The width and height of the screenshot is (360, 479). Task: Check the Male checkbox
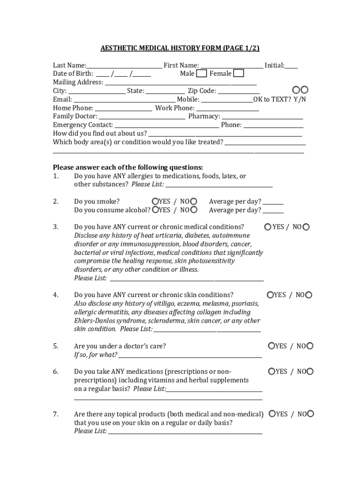click(202, 73)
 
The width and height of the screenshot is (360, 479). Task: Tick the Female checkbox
click(238, 73)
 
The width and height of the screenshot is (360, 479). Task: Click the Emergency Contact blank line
click(166, 125)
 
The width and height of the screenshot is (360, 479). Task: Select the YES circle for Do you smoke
click(155, 201)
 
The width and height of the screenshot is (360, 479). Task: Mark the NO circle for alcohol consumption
click(194, 210)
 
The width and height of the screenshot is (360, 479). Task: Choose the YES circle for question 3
click(268, 227)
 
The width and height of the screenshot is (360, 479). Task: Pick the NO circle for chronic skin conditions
click(309, 295)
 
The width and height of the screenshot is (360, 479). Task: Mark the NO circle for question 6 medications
click(310, 371)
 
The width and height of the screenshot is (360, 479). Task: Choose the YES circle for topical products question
click(271, 414)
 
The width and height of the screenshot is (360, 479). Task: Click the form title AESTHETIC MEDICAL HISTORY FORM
click(161, 49)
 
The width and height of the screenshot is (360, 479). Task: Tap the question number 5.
click(56, 346)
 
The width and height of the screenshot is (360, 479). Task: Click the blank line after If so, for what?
click(190, 356)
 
